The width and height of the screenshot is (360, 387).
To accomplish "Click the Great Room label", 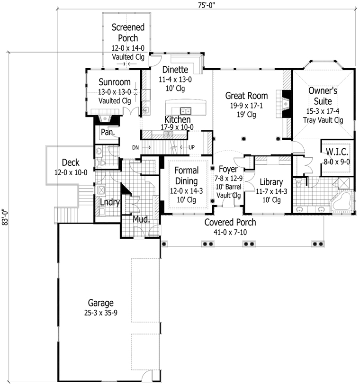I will (246, 96).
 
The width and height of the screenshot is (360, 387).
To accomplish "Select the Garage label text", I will (100, 303).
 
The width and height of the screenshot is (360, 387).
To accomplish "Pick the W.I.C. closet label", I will (337, 152).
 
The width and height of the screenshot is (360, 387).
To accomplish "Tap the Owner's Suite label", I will (323, 95).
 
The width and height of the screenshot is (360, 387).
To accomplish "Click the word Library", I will (271, 182).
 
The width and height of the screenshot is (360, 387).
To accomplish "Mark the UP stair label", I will (192, 147).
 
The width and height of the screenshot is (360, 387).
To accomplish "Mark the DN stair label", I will (135, 147).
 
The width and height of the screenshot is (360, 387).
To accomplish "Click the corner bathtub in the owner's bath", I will (342, 202).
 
